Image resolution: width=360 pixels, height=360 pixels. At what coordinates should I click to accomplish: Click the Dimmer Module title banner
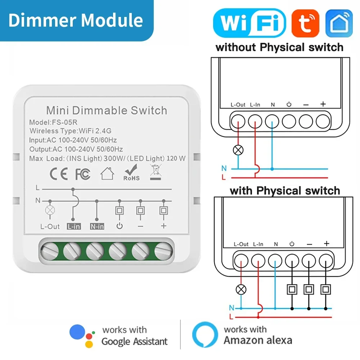[x=76, y=20]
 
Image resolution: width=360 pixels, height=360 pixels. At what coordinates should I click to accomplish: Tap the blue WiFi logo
[x=249, y=23]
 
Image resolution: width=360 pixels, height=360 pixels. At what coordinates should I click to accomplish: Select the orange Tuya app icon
[x=305, y=23]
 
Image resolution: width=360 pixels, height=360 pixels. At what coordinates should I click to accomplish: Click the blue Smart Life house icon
[x=339, y=23]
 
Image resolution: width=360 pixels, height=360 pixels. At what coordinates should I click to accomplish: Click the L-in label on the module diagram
[x=73, y=227]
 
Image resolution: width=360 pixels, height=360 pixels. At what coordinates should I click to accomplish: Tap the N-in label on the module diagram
[x=97, y=227]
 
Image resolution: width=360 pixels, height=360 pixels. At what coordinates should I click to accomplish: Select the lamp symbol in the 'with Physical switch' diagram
[x=241, y=289]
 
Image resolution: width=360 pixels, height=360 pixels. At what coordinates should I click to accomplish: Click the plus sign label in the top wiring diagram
[x=323, y=104]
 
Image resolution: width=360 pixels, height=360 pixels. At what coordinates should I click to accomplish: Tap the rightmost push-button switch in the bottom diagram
[x=326, y=289]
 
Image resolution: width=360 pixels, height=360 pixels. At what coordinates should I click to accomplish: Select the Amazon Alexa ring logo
[x=205, y=335]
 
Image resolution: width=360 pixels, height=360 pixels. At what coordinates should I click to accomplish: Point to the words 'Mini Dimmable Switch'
[x=107, y=110]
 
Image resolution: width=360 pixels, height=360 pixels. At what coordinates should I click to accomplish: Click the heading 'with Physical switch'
[x=285, y=190]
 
